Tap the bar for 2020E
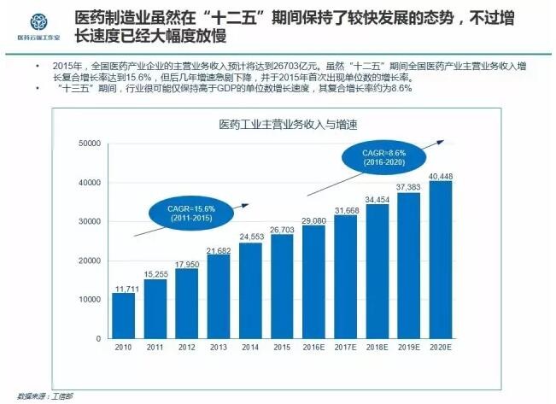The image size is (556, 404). tap(441, 260)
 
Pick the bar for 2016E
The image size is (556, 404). tap(313, 282)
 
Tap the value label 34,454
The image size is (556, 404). tap(377, 199)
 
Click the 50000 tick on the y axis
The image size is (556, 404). tap(89, 144)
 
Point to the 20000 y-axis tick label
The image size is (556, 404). tap(89, 261)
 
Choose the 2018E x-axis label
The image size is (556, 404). tap(377, 348)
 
